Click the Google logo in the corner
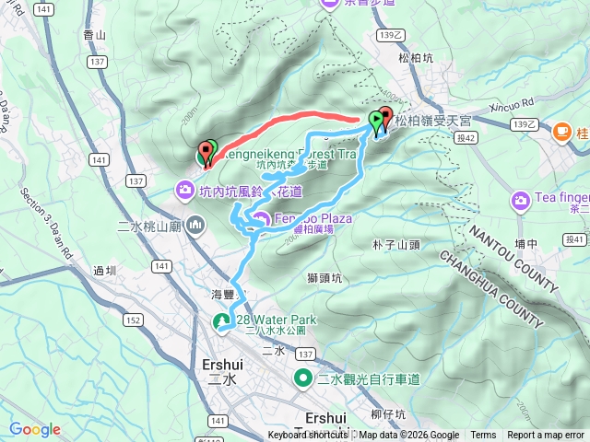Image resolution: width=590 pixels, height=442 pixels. point(35,429)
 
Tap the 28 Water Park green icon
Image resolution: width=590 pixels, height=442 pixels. point(222,321)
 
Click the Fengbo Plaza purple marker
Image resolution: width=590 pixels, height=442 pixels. point(261,219)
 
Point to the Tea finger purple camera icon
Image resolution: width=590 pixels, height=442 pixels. point(521,200)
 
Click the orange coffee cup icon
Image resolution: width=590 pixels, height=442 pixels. point(561,132)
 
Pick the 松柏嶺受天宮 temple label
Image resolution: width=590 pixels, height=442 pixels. point(432,119)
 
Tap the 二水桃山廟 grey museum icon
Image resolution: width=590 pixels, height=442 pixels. point(195,225)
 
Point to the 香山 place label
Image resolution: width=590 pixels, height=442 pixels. point(95,34)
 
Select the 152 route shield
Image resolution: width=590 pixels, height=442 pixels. point(133,320)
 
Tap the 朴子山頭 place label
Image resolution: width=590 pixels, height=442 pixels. point(395,245)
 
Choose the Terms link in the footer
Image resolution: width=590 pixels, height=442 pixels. point(483,436)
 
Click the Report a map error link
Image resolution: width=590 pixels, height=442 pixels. point(546,436)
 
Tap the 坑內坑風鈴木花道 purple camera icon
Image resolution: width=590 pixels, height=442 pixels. point(184,191)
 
